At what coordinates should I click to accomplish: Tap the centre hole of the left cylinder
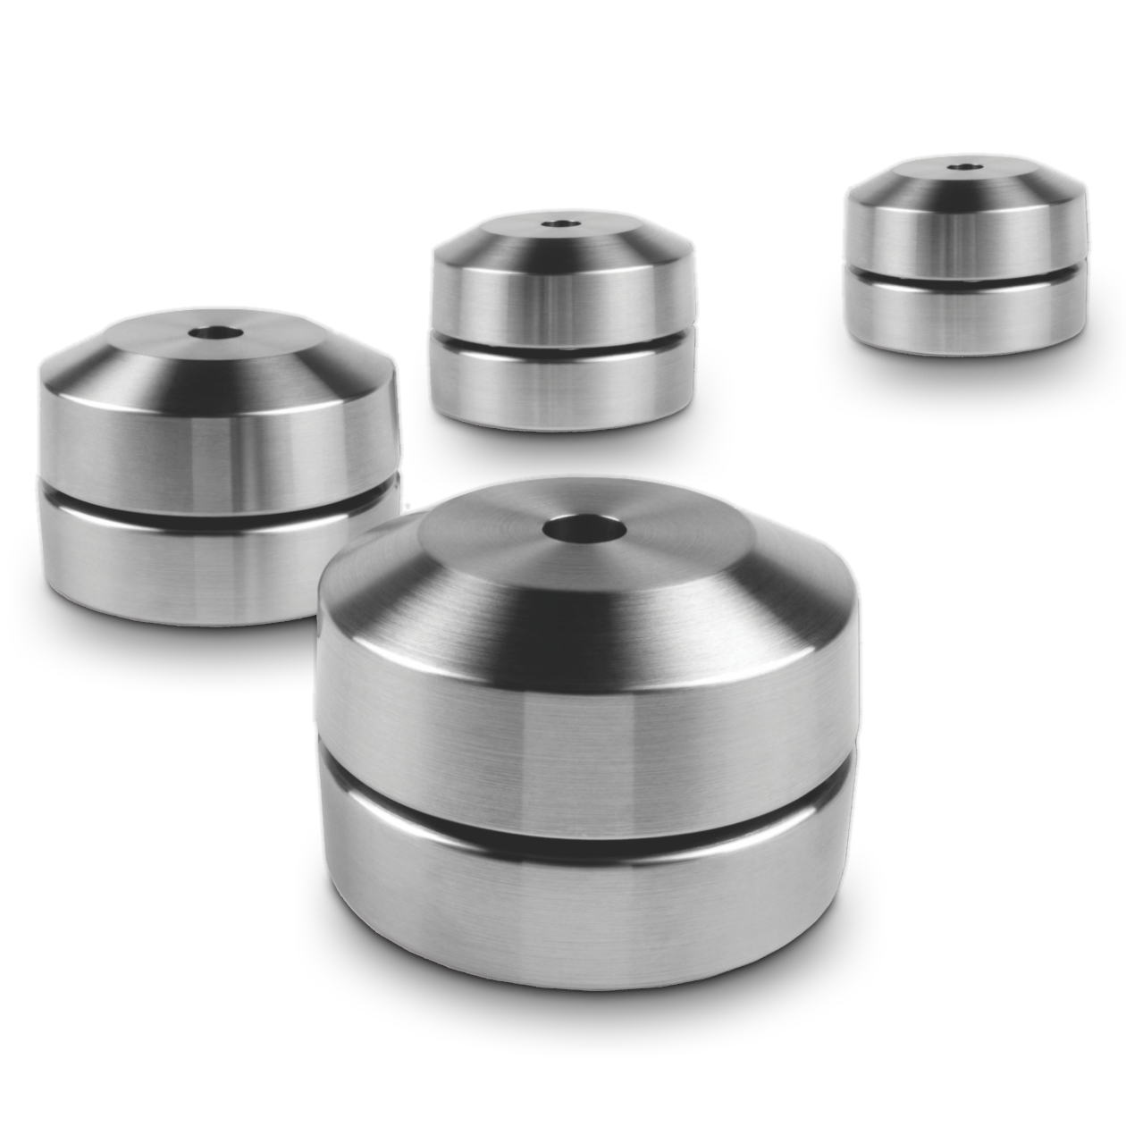(218, 334)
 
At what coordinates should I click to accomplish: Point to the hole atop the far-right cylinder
(962, 166)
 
